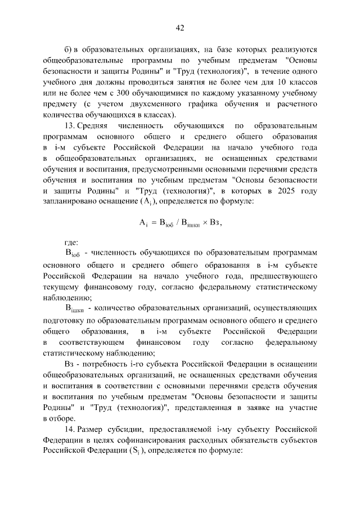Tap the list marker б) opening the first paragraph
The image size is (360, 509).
69,49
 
